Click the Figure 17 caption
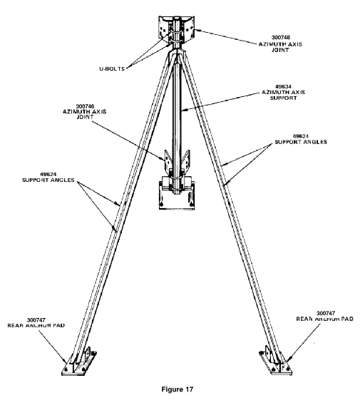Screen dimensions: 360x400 tap(177, 389)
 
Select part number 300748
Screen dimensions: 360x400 tap(280, 38)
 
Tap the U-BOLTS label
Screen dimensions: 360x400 tap(112, 68)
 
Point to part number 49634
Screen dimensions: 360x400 tap(283, 87)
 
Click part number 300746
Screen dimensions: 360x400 tap(85, 106)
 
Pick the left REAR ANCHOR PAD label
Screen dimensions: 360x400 tap(36, 326)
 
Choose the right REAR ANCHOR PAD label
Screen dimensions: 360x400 tap(324, 319)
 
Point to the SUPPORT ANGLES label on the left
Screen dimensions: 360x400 tap(48, 180)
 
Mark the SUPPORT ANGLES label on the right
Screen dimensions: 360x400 tap(301, 142)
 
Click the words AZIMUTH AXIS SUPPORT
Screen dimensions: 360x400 tap(283, 95)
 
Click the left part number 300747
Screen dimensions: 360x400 tap(36, 320)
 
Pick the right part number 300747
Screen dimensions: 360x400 tap(326, 313)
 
